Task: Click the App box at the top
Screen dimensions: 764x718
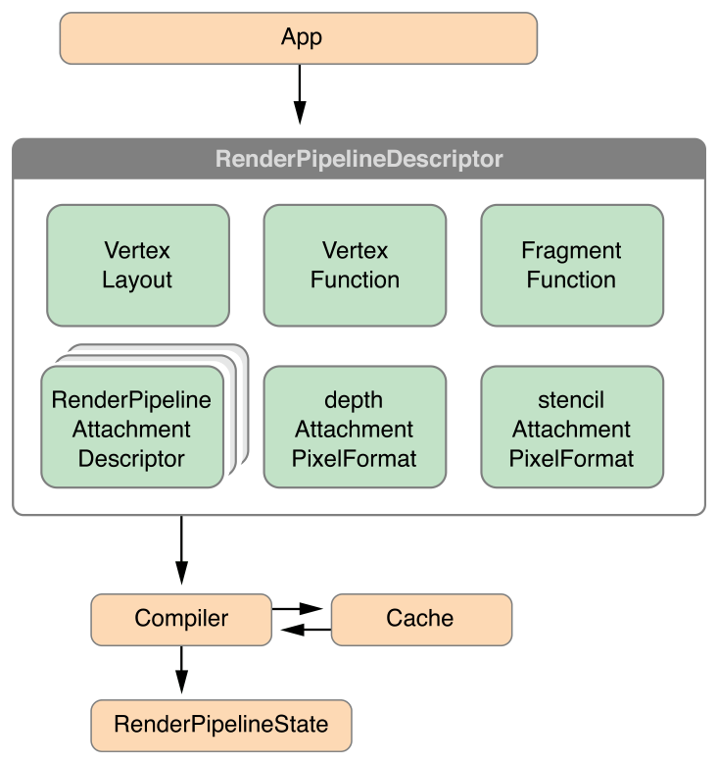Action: click(299, 38)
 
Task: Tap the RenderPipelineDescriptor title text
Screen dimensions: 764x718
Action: click(359, 159)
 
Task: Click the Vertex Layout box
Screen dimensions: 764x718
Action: click(137, 265)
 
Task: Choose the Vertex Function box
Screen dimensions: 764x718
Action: click(355, 265)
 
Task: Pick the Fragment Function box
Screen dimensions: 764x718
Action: click(571, 265)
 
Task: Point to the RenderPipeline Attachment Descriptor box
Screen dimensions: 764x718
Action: click(132, 428)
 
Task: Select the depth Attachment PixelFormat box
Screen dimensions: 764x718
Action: click(355, 428)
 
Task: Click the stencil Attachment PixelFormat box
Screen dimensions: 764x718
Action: click(571, 428)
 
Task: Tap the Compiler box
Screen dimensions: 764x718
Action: click(181, 619)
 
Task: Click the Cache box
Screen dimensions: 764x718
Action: click(420, 619)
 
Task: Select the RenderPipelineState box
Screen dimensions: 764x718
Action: click(220, 725)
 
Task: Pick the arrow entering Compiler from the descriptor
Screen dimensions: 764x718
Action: click(181, 552)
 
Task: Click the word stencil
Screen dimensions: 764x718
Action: click(571, 400)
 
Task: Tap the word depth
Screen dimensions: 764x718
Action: click(354, 400)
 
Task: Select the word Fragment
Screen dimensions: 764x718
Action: click(571, 250)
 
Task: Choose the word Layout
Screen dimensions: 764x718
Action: click(137, 280)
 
